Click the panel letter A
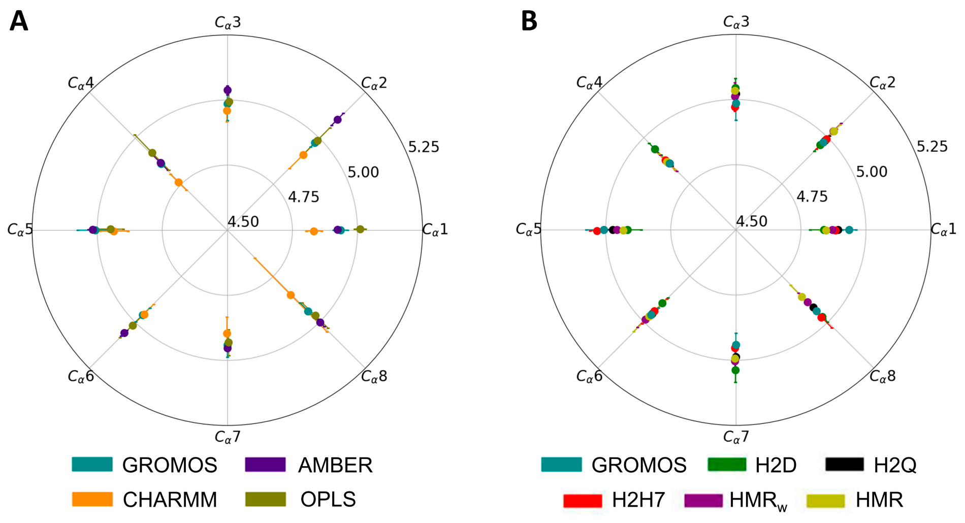pyautogui.click(x=19, y=21)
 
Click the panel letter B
pyautogui.click(x=529, y=21)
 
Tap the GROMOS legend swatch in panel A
pyautogui.click(x=92, y=464)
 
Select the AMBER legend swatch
pyautogui.click(x=265, y=464)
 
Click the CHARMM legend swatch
pyautogui.click(x=92, y=499)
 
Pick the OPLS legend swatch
pyautogui.click(x=265, y=499)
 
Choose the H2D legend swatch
pyautogui.click(x=727, y=464)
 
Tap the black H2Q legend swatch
pyautogui.click(x=844, y=464)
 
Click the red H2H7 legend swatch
pyautogui.click(x=583, y=500)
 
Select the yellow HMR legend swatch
pyautogui.click(x=825, y=500)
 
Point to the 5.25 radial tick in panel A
pyautogui.click(x=423, y=147)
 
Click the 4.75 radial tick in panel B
pyautogui.click(x=812, y=197)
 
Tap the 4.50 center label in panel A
pyautogui.click(x=243, y=222)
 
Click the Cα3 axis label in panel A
pyautogui.click(x=228, y=22)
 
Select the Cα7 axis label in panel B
pyautogui.click(x=735, y=437)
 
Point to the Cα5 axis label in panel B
pyautogui.click(x=528, y=230)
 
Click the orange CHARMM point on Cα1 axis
pyautogui.click(x=314, y=232)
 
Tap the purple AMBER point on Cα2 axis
pyautogui.click(x=337, y=120)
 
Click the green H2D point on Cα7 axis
pyautogui.click(x=735, y=370)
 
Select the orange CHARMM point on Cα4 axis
pyautogui.click(x=178, y=182)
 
